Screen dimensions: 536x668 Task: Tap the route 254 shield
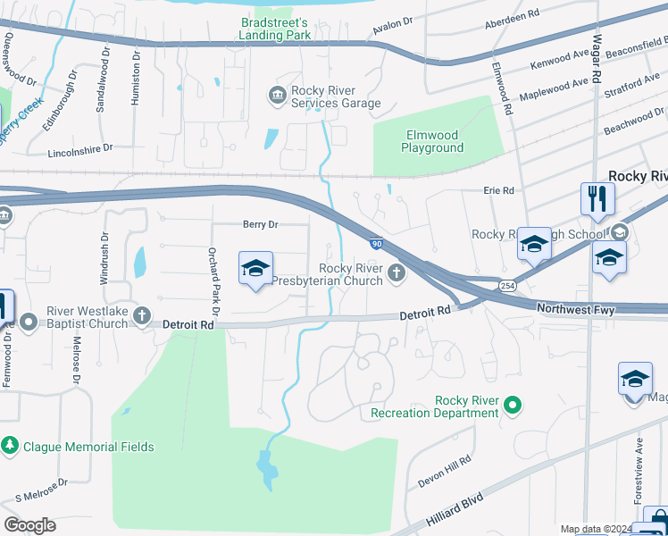507,285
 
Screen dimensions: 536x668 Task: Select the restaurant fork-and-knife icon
597,199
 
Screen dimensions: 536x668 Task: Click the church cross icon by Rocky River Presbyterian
396,274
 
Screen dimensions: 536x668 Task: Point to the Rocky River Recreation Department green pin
512,406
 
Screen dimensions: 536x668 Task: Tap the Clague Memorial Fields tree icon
10,445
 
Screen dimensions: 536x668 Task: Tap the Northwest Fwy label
575,309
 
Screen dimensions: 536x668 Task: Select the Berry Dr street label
261,225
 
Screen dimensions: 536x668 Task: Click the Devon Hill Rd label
444,471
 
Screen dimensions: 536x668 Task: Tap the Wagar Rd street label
597,67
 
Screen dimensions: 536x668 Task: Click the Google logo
29,525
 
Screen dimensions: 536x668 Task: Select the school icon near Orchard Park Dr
255,268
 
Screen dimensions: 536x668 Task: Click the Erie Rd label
499,190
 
